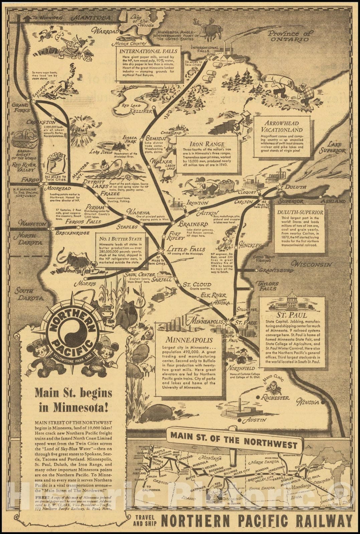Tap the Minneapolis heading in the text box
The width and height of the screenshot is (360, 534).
tap(189, 340)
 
